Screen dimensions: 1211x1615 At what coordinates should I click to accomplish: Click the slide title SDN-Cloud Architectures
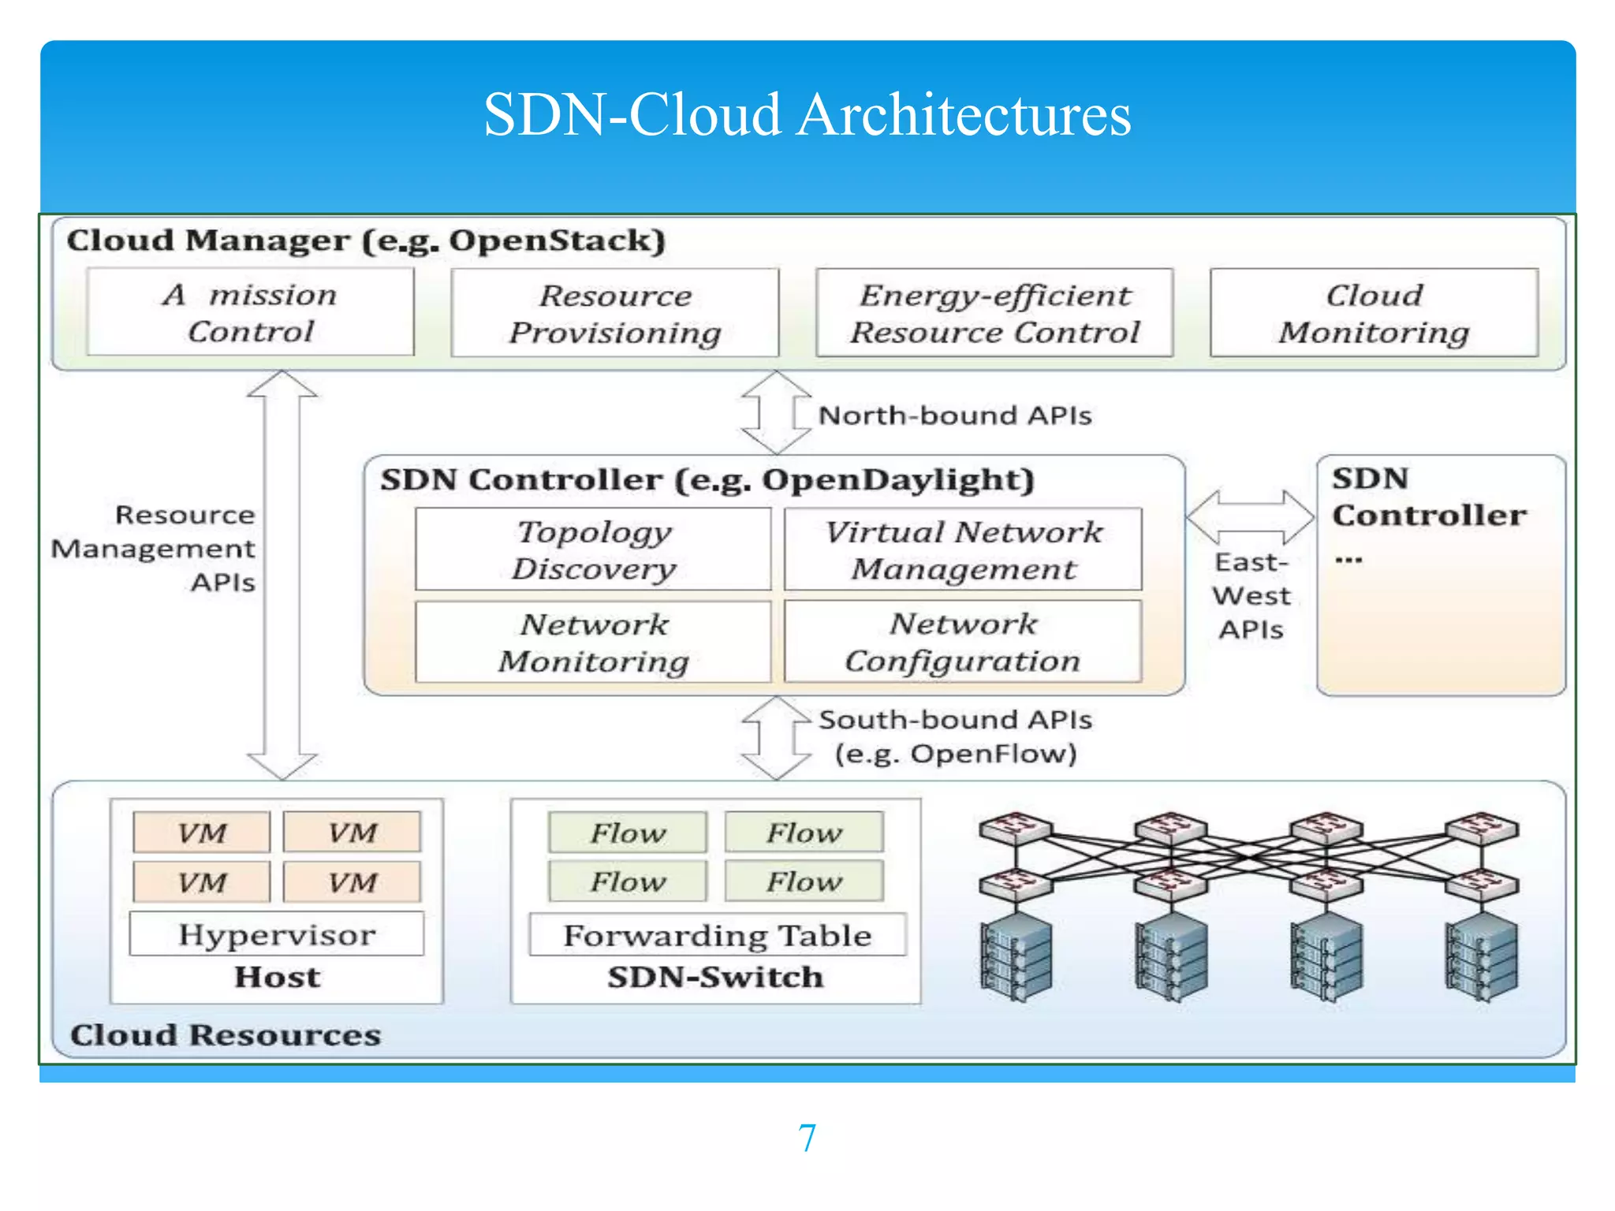coord(807,115)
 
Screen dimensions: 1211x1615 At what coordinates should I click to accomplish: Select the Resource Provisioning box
coord(615,313)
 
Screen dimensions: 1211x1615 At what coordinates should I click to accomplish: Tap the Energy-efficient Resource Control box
coord(994,313)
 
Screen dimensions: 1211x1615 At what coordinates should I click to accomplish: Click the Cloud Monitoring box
coord(1374,313)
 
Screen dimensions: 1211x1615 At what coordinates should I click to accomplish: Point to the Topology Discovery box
coord(593,550)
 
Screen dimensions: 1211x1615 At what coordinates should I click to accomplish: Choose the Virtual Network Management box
coord(963,550)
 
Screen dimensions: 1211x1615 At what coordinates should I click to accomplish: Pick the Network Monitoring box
coord(593,642)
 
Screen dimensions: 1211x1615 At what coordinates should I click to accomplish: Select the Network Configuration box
coord(963,642)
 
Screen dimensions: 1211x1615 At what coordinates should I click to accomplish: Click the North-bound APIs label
coord(955,415)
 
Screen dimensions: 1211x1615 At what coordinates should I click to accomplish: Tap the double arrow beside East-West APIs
coord(1251,517)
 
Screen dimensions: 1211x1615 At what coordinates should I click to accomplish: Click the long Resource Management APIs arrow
coord(282,576)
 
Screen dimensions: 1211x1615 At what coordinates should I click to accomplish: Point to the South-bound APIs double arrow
coord(777,738)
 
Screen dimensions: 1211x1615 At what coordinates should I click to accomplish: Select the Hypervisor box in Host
coord(277,934)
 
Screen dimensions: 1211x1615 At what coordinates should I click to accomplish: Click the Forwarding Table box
coord(717,935)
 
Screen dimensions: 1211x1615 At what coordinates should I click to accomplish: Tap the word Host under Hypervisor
coord(277,977)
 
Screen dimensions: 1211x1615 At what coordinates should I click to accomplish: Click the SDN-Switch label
coord(715,977)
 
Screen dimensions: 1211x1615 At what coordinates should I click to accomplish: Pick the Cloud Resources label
coord(226,1034)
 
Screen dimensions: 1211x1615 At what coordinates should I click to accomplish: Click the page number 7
coord(807,1138)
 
